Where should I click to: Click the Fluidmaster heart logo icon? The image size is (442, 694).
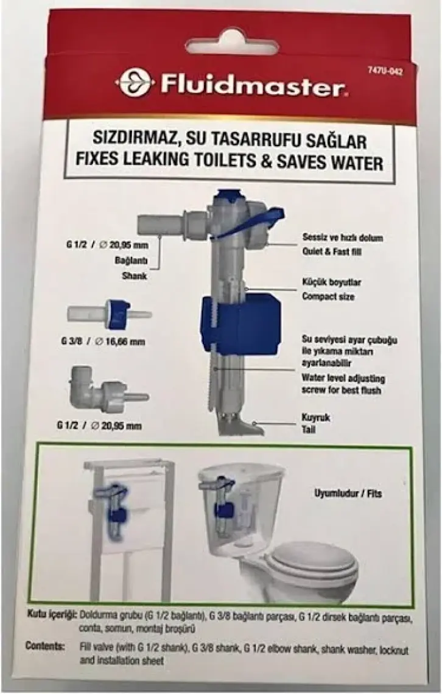134,82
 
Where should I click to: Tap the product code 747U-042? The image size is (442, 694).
385,71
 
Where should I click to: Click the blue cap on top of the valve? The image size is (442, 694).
228,195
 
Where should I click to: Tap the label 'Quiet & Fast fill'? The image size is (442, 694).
332,251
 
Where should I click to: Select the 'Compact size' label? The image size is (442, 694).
328,296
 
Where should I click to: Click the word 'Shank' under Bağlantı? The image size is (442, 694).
134,276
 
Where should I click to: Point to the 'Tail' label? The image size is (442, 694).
309,429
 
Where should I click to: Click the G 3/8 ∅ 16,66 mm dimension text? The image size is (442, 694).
103,342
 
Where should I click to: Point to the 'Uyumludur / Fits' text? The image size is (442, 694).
348,494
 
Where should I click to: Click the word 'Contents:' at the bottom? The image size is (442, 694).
45,645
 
